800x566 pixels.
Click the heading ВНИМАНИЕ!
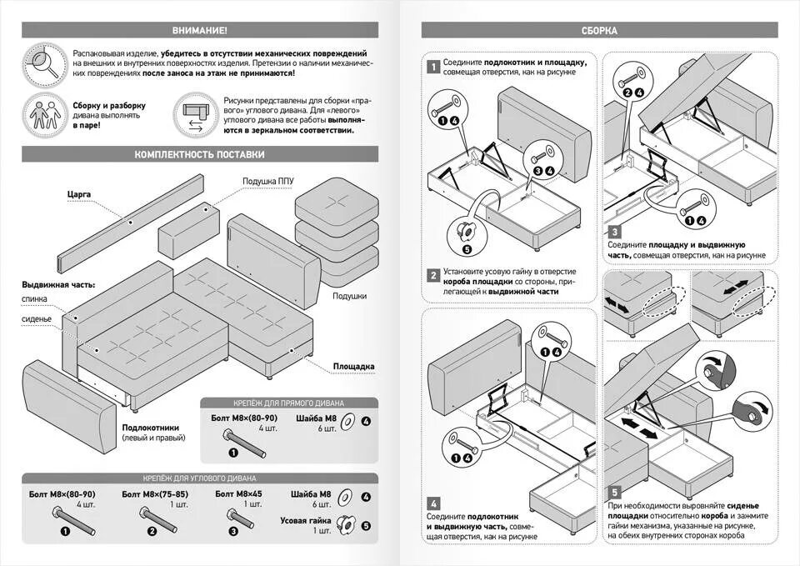[199, 31]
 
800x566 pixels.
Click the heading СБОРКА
[599, 31]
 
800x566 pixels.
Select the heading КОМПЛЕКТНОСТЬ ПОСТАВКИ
[199, 154]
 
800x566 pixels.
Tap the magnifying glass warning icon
[42, 65]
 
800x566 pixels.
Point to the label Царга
[78, 194]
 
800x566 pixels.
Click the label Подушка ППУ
[267, 181]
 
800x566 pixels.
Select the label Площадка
[353, 366]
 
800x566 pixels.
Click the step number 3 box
[613, 233]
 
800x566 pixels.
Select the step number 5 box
[614, 493]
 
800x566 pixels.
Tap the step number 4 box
[433, 503]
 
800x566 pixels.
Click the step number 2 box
[433, 276]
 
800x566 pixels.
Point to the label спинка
[36, 298]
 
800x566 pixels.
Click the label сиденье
[37, 318]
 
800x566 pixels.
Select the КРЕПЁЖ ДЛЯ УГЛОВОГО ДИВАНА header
[199, 478]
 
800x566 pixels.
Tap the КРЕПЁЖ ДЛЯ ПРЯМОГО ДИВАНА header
[288, 402]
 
